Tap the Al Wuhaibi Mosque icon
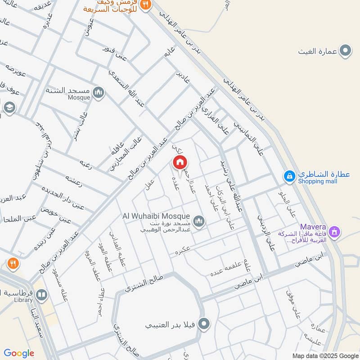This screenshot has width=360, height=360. click(198, 221)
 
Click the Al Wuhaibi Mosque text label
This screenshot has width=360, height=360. click(156, 216)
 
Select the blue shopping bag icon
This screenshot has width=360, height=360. click(290, 175)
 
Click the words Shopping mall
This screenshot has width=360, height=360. click(317, 181)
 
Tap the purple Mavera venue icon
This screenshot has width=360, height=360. click(334, 232)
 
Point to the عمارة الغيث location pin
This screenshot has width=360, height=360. click(345, 51)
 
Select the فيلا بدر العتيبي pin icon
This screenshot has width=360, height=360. click(204, 324)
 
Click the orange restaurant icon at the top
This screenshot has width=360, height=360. click(145, 4)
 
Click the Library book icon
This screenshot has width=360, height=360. click(41, 295)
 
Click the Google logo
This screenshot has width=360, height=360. click(19, 353)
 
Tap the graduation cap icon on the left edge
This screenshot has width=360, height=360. click(9, 108)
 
